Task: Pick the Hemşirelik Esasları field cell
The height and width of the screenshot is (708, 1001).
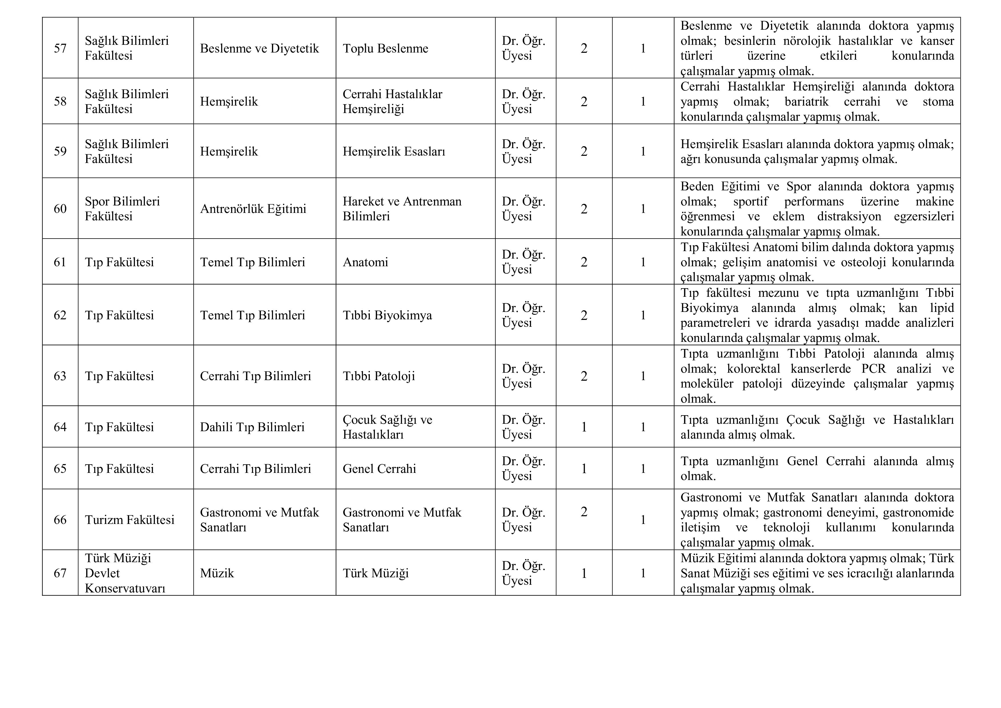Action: point(394,151)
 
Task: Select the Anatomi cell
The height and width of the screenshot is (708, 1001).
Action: point(365,262)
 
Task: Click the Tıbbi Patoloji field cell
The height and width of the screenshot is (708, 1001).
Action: point(378,376)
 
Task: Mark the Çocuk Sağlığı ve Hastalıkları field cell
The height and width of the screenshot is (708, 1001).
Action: point(387,427)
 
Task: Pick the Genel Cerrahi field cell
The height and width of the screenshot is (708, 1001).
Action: point(379,469)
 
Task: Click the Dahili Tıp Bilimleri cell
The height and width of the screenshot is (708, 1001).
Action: point(252,427)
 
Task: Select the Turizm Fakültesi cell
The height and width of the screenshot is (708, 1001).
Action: point(130,520)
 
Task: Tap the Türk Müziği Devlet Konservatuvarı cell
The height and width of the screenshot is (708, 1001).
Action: point(125,573)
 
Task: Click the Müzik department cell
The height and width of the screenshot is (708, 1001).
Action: point(217,573)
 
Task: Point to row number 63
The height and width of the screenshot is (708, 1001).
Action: point(60,376)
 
